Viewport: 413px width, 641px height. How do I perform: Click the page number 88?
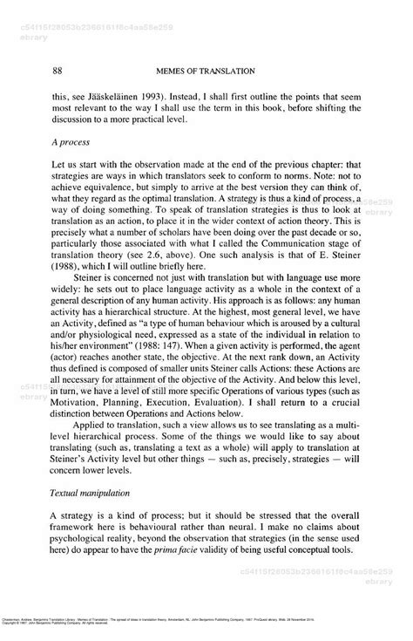[58, 69]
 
